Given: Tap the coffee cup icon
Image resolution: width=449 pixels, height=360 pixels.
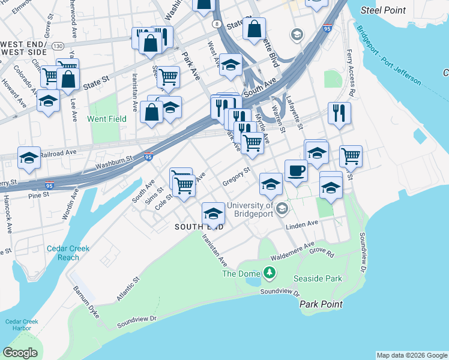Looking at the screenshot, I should (296, 171).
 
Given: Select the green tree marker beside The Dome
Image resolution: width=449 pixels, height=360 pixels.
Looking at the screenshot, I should (270, 274).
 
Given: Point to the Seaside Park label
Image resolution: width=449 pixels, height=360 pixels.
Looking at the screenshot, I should (318, 278).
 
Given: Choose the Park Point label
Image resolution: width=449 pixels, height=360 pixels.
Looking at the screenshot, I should (321, 304).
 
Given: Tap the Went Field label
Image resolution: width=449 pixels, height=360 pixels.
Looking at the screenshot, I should (107, 119).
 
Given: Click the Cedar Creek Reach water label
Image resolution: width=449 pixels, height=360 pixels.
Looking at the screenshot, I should (68, 253).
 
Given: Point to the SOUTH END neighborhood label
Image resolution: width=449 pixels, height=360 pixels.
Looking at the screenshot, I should (199, 227).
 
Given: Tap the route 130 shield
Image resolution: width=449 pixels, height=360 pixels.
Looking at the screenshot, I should (58, 46).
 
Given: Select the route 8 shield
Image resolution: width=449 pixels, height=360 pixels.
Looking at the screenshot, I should (217, 24).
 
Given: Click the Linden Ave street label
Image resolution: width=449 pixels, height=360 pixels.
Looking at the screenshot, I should (301, 224).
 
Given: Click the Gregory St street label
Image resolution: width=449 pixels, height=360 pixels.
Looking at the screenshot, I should (236, 177).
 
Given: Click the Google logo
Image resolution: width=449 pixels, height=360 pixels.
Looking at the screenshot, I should (20, 353).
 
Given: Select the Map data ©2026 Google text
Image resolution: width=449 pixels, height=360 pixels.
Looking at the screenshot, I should (412, 355).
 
